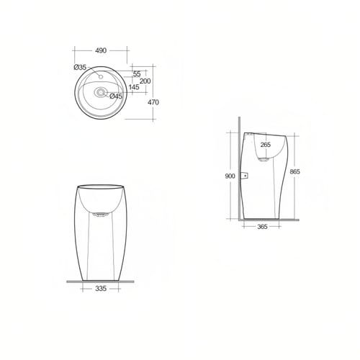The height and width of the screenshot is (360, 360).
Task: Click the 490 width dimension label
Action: tap(101, 50)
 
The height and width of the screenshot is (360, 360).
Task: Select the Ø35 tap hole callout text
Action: tap(80, 68)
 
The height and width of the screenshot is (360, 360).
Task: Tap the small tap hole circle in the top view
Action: tap(101, 77)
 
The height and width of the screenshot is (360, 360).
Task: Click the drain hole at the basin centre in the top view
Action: tap(100, 91)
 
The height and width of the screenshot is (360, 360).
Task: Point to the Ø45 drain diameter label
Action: tap(116, 96)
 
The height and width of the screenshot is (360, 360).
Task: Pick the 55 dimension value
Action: tap(137, 74)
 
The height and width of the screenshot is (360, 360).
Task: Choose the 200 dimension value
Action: tap(145, 81)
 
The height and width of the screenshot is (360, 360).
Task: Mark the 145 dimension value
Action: tap(134, 87)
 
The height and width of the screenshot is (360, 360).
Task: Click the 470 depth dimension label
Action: tap(153, 102)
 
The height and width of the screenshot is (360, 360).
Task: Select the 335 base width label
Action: tap(101, 288)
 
